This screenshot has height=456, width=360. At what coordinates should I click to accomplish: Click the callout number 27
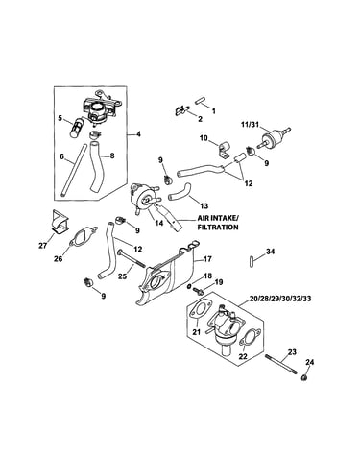tap(42, 246)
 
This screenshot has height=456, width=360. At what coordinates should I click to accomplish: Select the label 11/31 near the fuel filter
tap(250, 123)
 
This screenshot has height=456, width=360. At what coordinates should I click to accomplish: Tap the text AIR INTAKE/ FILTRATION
tap(218, 223)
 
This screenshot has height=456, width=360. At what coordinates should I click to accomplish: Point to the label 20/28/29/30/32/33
tap(279, 299)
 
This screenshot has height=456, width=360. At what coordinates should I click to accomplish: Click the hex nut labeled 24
tap(304, 377)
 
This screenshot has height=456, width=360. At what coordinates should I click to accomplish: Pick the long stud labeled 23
tap(280, 364)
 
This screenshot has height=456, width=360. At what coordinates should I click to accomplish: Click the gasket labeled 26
tap(83, 237)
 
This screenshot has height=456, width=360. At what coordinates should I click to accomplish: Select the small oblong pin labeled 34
tap(251, 260)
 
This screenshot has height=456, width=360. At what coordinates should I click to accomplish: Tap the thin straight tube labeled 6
tap(73, 170)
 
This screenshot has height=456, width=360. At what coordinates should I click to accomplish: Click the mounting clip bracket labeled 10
tap(225, 149)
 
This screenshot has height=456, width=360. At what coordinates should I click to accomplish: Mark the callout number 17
tap(207, 258)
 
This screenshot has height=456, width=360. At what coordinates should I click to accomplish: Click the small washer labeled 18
tap(190, 285)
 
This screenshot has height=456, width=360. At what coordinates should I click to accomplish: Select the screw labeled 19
tap(198, 291)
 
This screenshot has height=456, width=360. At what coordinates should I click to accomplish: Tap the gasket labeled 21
tap(199, 311)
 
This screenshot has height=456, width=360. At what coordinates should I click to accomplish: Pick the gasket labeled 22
tap(251, 338)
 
